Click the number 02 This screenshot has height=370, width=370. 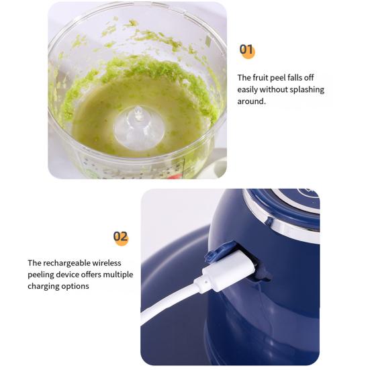pyautogui.click(x=120, y=236)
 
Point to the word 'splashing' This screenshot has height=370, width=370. pyautogui.click(x=307, y=89)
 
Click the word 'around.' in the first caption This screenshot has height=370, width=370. pyautogui.click(x=252, y=101)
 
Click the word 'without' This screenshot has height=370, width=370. pyautogui.click(x=277, y=89)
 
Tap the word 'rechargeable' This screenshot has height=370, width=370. pyautogui.click(x=68, y=263)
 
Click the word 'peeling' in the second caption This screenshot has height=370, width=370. pyautogui.click(x=42, y=275)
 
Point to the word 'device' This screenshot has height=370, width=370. pyautogui.click(x=72, y=275)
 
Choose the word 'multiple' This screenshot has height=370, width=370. pyautogui.click(x=118, y=275)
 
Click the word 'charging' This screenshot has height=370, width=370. pyautogui.click(x=44, y=286)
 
